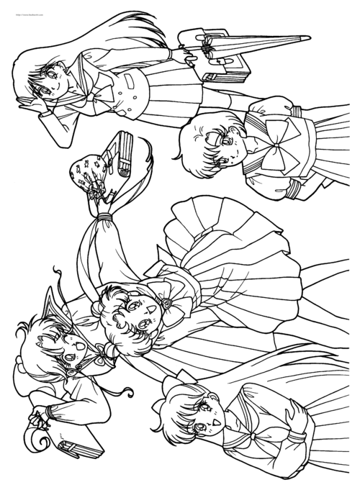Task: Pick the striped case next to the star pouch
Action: coord(122,155)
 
